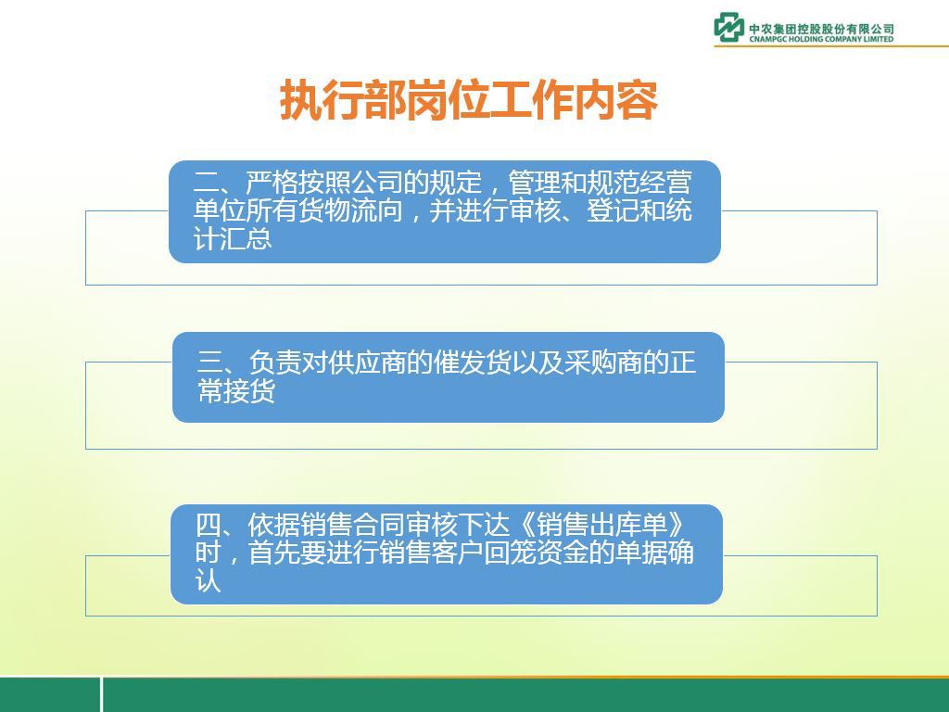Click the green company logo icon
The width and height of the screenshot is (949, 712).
[728, 27]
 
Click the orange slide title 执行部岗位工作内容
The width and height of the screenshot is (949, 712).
[468, 100]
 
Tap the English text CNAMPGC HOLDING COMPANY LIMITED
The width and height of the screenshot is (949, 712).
[821, 39]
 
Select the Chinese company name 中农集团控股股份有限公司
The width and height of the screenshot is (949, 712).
[821, 29]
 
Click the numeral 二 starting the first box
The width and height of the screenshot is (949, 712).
[206, 183]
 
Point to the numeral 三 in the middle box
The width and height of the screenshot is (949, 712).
[210, 362]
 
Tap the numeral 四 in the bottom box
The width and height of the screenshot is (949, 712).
[208, 525]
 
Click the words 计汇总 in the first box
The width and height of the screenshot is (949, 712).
[233, 238]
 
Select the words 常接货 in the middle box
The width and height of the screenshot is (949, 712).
[236, 390]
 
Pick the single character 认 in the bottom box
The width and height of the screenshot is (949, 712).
[208, 580]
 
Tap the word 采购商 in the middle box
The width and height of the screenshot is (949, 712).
[603, 362]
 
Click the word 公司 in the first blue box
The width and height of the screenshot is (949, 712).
[376, 183]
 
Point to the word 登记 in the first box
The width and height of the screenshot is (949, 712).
[613, 210]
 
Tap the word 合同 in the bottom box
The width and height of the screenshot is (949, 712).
[379, 525]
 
